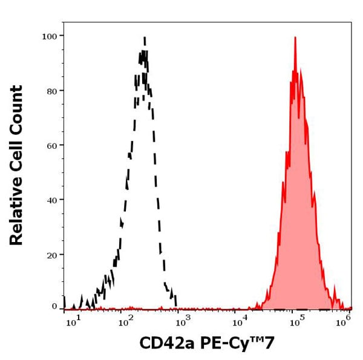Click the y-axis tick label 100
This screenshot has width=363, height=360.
pos(49,36)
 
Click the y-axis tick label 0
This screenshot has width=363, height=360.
pos(54,306)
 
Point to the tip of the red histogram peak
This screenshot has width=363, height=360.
pos(295,38)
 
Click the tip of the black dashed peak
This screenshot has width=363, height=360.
pos(145,38)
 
